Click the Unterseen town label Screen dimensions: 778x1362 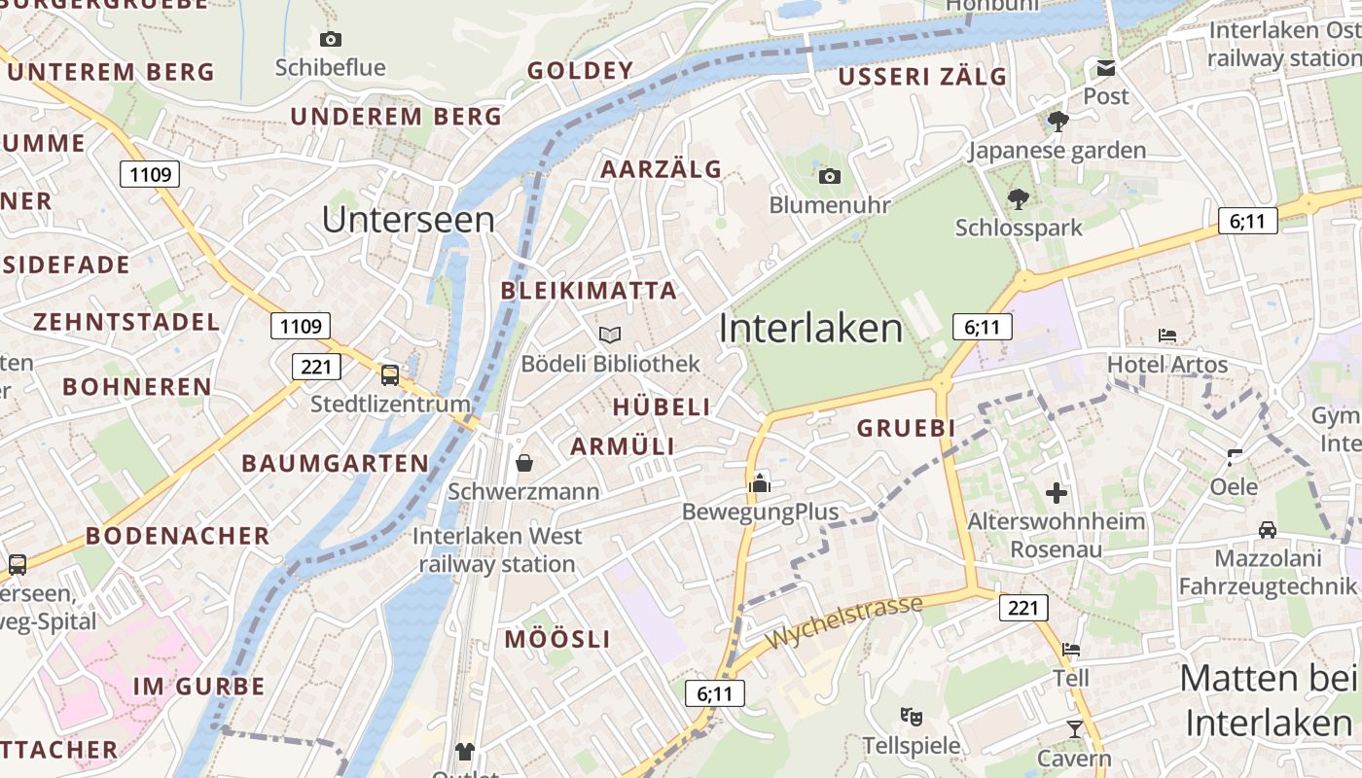pos(409,220)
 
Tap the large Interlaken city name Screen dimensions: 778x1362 pos(810,329)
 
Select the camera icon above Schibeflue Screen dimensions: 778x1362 pos(331,39)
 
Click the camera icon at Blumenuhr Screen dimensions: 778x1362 pos(829,176)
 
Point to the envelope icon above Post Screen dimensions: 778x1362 pos(1106,67)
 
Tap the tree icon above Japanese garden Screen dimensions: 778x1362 pos(1057,122)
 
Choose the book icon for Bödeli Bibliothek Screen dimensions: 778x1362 pos(610,336)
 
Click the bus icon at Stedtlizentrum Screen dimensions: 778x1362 pos(390,374)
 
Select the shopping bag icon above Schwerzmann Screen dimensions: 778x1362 pos(523,463)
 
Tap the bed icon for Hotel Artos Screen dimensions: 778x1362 pos(1167,336)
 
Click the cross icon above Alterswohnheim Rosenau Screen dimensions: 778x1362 pos(1057,493)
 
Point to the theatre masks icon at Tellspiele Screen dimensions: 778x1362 pos(912,717)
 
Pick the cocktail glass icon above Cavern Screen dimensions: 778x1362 pos(1074,728)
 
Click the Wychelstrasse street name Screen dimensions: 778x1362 pos(843,622)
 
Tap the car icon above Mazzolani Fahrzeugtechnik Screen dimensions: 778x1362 pos(1267,530)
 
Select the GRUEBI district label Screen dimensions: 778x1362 pos(906,428)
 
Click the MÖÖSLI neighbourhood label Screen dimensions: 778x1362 pos(557,639)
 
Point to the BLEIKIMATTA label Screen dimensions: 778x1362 pos(589,291)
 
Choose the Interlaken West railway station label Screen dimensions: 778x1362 pos(497,549)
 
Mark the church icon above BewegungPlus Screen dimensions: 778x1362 pos(760,482)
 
